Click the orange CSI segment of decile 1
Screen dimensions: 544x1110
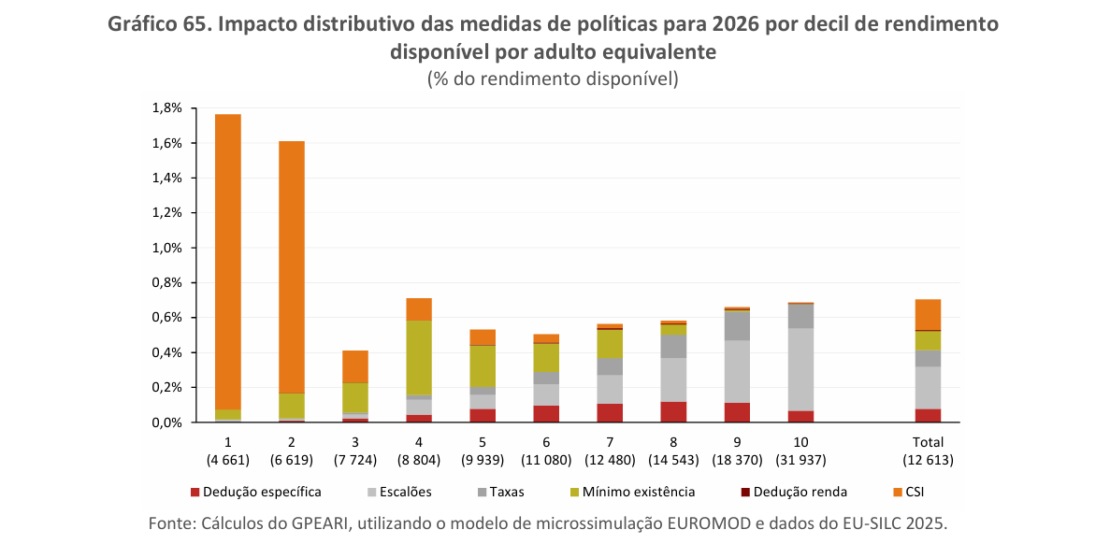[x=228, y=262]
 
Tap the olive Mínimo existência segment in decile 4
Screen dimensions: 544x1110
[x=418, y=358]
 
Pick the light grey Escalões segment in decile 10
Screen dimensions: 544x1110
[x=800, y=369]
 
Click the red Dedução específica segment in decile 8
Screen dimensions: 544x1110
[x=673, y=412]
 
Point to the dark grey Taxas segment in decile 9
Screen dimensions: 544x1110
[x=737, y=325]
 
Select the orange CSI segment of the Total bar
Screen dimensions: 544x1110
[x=928, y=315]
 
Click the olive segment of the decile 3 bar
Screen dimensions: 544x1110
[x=355, y=398]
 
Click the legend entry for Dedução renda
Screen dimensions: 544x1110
[x=794, y=492]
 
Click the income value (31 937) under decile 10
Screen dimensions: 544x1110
[x=800, y=460]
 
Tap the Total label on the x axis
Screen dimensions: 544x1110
[x=928, y=442]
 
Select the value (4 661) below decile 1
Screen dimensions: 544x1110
[x=228, y=460]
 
